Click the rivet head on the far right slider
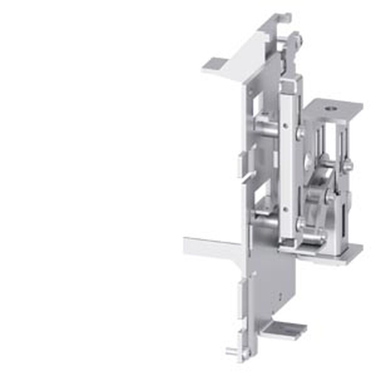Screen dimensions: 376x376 [x=348, y=165]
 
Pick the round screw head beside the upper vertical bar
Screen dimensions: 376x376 [x=300, y=133]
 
